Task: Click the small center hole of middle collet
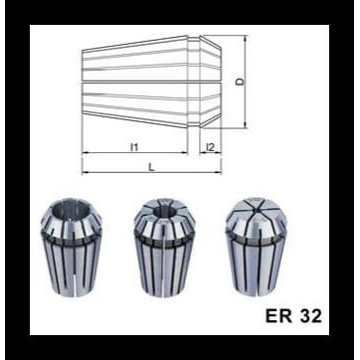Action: pos(161,210)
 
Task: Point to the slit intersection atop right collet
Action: pos(255,212)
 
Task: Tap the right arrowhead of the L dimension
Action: pos(221,177)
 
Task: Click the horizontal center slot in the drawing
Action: pos(139,90)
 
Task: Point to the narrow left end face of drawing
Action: pos(83,90)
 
